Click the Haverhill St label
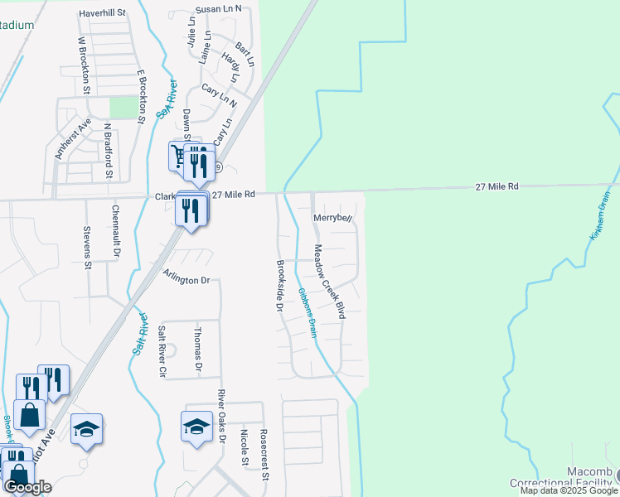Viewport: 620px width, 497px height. point(102,13)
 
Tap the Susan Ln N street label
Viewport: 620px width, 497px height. point(218,8)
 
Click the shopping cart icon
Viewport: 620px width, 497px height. point(179,155)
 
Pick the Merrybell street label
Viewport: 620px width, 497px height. point(333,218)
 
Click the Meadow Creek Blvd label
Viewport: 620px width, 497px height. point(328,281)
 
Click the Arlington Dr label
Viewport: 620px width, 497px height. point(186,280)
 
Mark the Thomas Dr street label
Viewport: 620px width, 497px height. point(198,348)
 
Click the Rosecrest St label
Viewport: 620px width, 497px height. point(264,454)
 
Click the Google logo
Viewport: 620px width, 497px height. point(27,487)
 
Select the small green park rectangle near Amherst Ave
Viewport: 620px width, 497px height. point(124,107)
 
